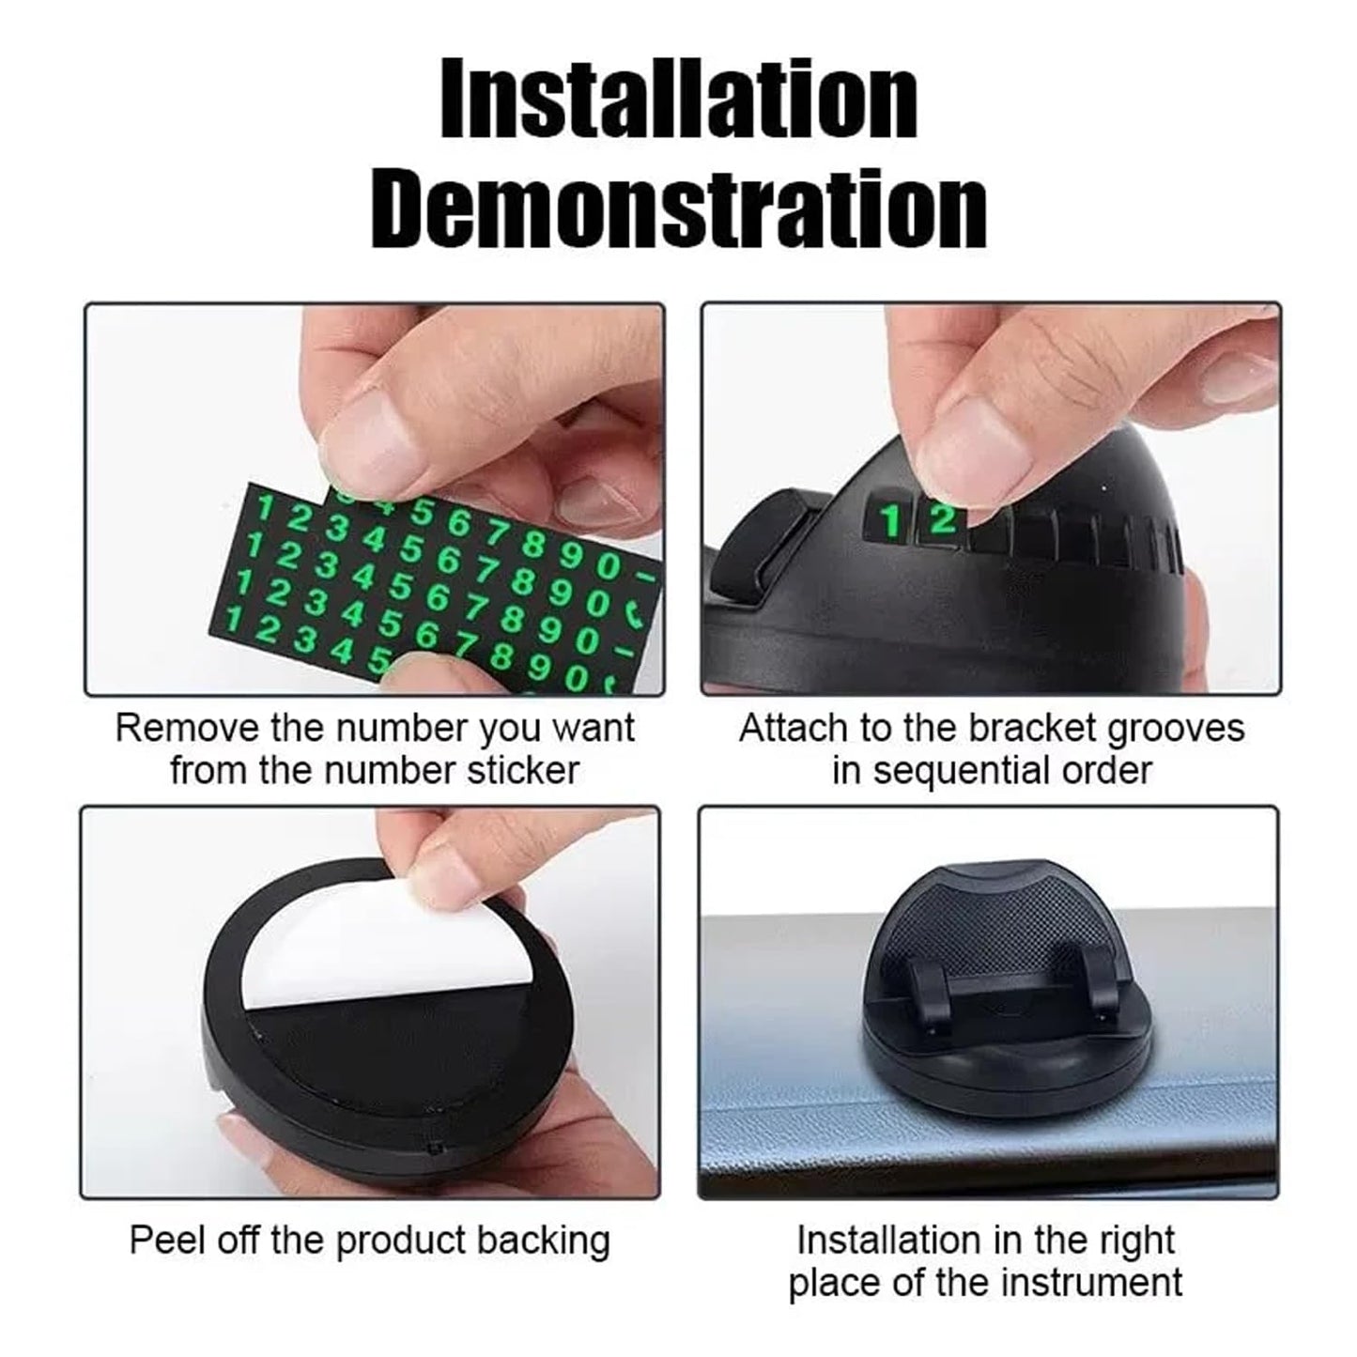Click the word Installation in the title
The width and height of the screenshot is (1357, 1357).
click(x=679, y=99)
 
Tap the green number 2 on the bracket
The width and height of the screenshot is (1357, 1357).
click(x=942, y=519)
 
